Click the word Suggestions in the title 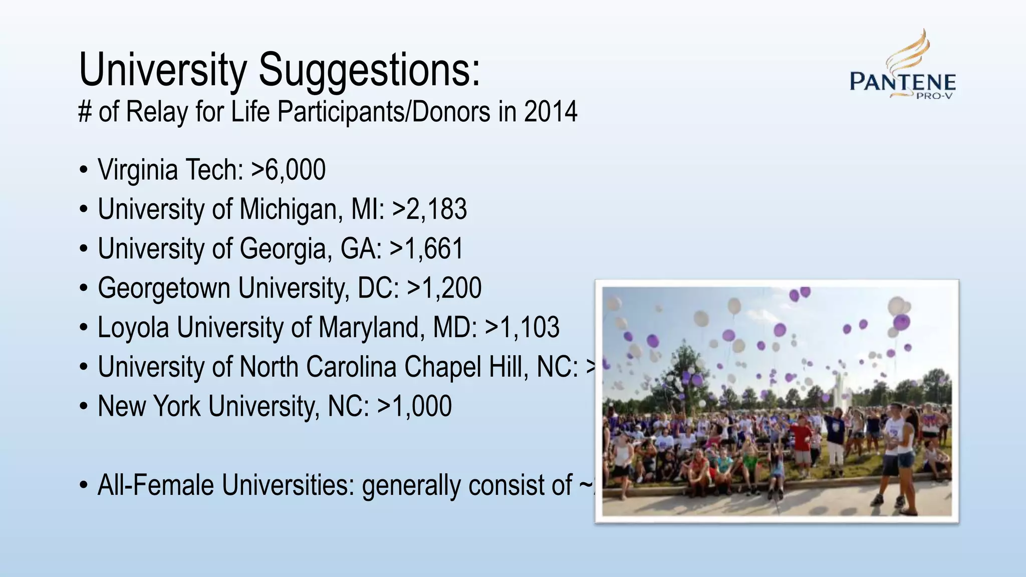click(x=369, y=70)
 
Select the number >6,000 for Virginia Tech click(x=289, y=170)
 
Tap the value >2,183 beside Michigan click(x=429, y=209)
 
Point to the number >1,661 click(x=426, y=249)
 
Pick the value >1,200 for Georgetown click(x=444, y=288)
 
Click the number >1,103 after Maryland click(x=522, y=328)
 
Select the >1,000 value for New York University click(x=414, y=406)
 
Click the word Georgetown click(x=164, y=288)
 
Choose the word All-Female click(x=155, y=485)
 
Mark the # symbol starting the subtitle click(x=84, y=112)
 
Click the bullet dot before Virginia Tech click(x=84, y=170)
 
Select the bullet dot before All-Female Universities click(x=84, y=486)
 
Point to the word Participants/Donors click(x=384, y=112)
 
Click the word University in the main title click(x=163, y=70)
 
